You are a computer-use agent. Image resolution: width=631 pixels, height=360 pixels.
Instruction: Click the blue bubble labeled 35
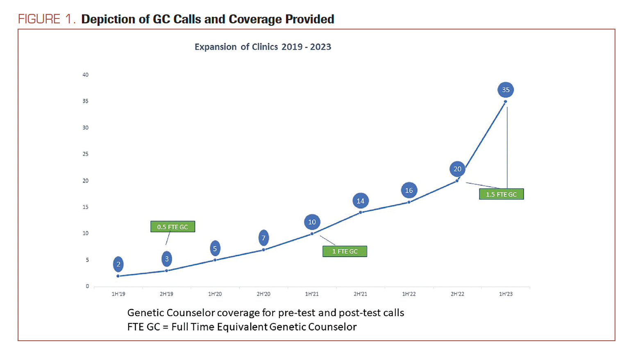(x=506, y=90)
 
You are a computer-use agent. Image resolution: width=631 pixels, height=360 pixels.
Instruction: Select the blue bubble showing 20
(x=457, y=169)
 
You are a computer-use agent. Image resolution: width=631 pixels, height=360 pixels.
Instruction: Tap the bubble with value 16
(x=409, y=190)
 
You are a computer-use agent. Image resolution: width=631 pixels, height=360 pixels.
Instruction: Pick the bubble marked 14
(x=361, y=201)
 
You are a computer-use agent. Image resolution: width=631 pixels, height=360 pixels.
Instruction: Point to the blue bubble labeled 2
(x=118, y=264)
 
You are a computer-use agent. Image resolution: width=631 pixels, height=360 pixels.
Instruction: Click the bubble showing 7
(x=263, y=238)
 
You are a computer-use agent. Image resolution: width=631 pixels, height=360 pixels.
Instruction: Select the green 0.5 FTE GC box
(x=173, y=227)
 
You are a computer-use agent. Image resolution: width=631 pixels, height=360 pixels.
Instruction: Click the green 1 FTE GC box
(x=345, y=251)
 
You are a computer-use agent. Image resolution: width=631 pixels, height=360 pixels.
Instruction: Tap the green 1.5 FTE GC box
(x=501, y=194)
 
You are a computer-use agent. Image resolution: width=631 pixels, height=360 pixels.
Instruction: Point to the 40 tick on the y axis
(x=85, y=75)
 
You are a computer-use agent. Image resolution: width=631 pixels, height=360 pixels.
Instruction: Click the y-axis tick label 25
(x=85, y=154)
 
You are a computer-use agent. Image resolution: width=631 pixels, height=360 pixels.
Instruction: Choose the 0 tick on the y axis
(x=87, y=286)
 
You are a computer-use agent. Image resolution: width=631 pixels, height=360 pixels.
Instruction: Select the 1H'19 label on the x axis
(x=118, y=294)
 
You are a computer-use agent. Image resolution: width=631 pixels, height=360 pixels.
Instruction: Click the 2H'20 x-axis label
(x=263, y=294)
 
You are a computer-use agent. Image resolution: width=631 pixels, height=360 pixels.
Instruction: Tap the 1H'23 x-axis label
(x=506, y=294)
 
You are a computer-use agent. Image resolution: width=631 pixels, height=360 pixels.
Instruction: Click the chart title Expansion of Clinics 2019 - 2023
(x=263, y=47)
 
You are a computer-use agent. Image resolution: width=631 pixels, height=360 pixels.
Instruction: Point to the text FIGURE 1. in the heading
(x=47, y=19)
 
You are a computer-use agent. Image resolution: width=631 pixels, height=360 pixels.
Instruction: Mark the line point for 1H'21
(x=312, y=234)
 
